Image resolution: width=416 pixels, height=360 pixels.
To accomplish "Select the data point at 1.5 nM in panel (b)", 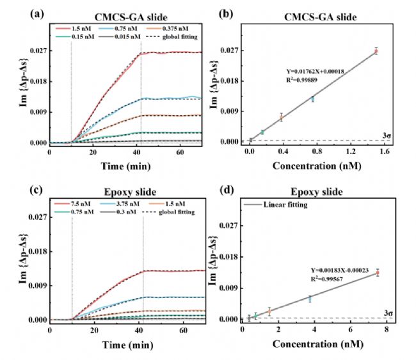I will pos(376,51).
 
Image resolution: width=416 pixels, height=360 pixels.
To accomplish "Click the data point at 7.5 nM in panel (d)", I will pos(378,272).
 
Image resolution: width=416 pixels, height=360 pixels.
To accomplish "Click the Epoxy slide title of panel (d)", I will pos(316,191).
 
